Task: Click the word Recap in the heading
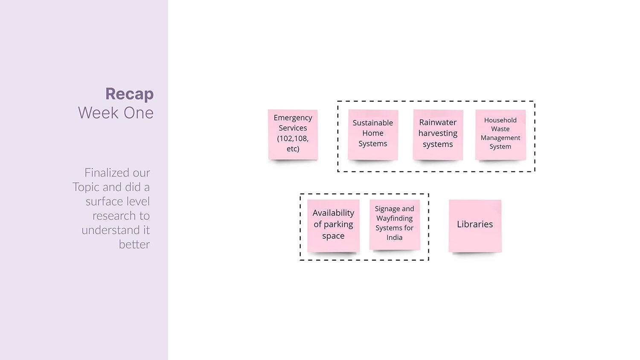tap(129, 94)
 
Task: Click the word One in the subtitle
tap(138, 113)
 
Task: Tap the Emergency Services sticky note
tap(293, 134)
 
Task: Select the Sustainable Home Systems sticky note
tap(373, 135)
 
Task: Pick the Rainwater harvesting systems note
tap(438, 135)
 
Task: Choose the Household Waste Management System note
tap(500, 135)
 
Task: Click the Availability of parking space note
tap(333, 225)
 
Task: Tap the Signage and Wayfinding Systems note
tap(395, 224)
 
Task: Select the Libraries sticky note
tap(475, 225)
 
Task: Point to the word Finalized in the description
tap(105, 173)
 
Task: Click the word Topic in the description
tap(85, 187)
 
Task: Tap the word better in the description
tap(134, 244)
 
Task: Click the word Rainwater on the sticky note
tap(438, 122)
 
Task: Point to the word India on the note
tap(394, 238)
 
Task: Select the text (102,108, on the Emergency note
tap(293, 138)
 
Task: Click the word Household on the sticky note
tap(500, 120)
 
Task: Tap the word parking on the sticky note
tap(338, 224)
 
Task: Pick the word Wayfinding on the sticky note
tap(394, 218)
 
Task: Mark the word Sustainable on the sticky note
tap(372, 123)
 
